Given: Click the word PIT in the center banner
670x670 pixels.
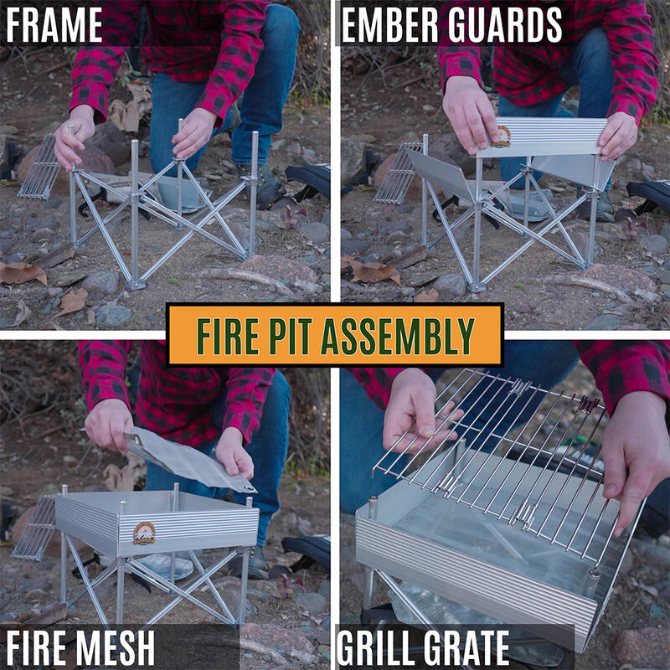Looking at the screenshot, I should pos(296,336).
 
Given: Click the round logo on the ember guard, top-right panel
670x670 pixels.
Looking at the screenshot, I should pos(501,137).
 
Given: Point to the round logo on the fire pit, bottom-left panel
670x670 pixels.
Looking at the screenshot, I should pos(144,533).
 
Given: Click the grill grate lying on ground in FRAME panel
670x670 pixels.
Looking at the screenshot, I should pos(40,167).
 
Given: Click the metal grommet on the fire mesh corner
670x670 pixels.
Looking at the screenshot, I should pos(248,489).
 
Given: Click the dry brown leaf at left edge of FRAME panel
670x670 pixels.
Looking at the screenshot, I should pos(21,273).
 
